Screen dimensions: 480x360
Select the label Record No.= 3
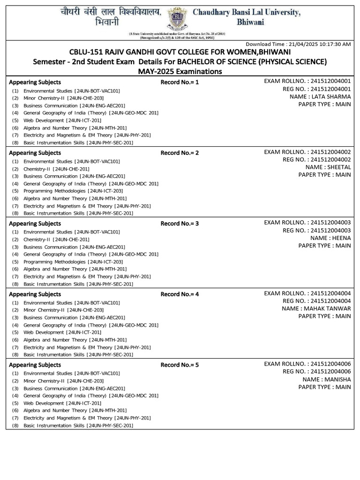tap(180, 224)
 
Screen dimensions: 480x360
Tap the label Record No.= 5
tap(180, 365)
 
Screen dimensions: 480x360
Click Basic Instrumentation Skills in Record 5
tap(78, 425)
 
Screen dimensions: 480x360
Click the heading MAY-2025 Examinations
tap(180, 71)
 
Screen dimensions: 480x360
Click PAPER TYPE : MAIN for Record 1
tap(324, 104)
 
